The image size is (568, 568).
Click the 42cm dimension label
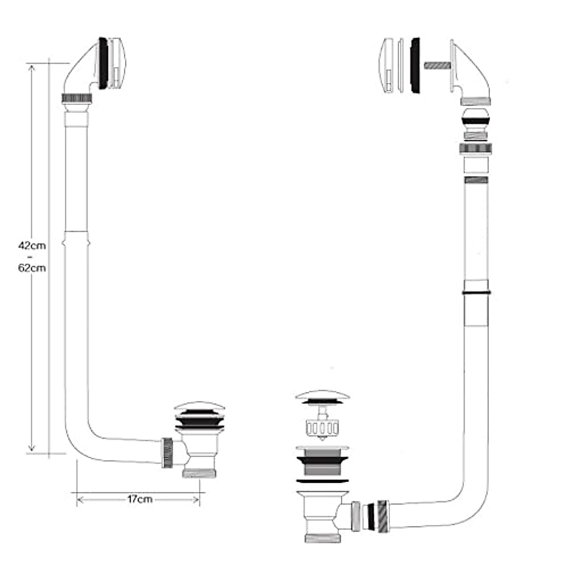point(32,246)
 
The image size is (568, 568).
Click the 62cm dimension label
point(32,268)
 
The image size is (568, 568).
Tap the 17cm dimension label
point(140,499)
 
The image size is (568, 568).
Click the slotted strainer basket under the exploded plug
point(322,428)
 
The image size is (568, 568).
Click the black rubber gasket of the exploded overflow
point(417,66)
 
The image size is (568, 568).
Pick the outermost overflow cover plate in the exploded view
point(389,66)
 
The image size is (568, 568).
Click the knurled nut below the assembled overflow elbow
point(77,98)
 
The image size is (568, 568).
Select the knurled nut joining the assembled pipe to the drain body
point(167,453)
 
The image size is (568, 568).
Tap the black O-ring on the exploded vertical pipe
point(476,293)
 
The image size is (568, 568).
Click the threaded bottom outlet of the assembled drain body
point(200,473)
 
